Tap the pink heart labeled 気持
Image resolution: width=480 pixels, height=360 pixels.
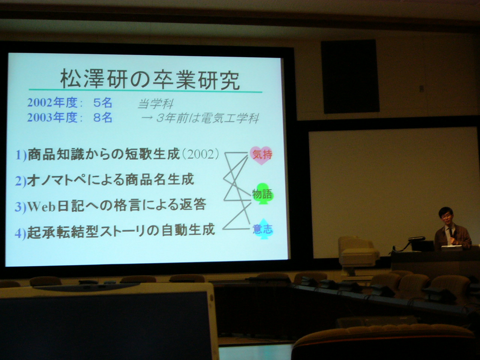tap(261, 155)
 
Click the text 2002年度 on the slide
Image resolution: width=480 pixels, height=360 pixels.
tap(53, 102)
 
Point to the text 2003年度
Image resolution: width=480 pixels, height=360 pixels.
tap(53, 118)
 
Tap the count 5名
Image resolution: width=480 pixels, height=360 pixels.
tap(102, 102)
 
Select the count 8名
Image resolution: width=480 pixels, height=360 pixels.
tap(102, 118)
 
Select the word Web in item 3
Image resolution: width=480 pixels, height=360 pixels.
tap(41, 207)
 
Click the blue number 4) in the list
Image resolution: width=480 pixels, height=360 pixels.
tap(21, 233)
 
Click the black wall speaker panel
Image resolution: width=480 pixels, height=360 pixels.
tap(350, 76)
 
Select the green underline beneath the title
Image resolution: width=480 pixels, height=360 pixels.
tap(145, 91)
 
